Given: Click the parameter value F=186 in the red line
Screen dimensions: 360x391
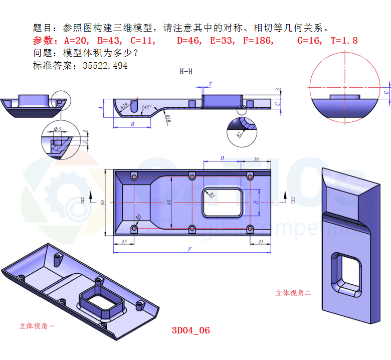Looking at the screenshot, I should [258, 41].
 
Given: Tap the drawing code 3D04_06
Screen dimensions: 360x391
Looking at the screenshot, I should [190, 330].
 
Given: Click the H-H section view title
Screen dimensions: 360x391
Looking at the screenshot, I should [186, 72].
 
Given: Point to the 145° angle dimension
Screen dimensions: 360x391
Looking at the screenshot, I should [146, 107].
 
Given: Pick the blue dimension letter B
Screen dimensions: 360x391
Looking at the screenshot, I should [132, 123].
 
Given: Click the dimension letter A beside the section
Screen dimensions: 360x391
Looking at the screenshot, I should [102, 107].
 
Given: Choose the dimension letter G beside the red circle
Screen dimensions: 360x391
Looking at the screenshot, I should [385, 93].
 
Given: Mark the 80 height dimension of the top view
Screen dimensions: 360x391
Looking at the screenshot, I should [102, 202].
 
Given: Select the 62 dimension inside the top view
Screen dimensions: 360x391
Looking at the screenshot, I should [169, 202].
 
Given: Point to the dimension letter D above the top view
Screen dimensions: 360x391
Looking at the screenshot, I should [222, 158].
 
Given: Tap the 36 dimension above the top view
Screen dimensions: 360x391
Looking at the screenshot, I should [256, 158].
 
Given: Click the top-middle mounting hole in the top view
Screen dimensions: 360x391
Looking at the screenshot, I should [192, 176].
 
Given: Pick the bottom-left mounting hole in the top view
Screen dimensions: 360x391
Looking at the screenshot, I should [134, 229].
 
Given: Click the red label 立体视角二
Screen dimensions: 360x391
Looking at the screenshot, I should [293, 293].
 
